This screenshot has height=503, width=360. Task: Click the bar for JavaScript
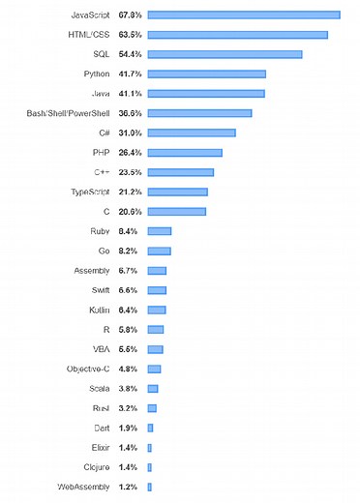coord(243,15)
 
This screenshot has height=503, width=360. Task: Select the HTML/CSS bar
coord(237,35)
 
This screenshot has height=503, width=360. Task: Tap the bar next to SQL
coord(225,54)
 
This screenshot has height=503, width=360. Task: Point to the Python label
coord(97,74)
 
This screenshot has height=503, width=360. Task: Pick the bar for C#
coord(192,133)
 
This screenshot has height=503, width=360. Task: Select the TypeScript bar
coord(177,192)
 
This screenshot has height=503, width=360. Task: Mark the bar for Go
coord(159,251)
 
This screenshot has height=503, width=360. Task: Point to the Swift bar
coord(157,290)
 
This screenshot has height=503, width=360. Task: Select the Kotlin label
coord(97,310)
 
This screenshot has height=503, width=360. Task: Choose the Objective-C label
coord(87,369)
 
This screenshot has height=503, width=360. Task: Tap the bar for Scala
coord(153,388)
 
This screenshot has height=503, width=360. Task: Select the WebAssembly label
coord(83,487)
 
